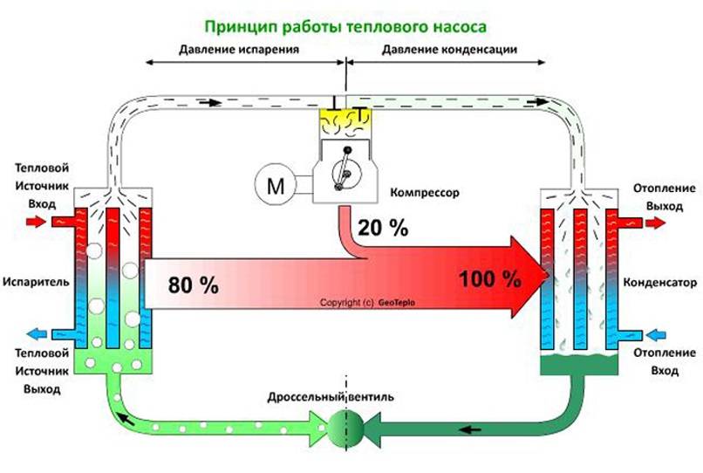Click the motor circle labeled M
click(x=276, y=184)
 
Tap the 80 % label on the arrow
click(x=194, y=285)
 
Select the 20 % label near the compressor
click(x=383, y=228)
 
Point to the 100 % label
click(x=490, y=278)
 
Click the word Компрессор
click(x=425, y=193)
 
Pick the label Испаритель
click(x=36, y=282)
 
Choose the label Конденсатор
click(x=660, y=282)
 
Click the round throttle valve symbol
click(x=345, y=428)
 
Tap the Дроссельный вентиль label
click(x=331, y=397)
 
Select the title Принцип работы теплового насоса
click(x=345, y=26)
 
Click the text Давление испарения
click(x=239, y=49)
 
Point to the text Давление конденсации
click(x=449, y=49)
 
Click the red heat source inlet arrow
click(x=36, y=222)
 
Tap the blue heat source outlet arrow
click(x=37, y=334)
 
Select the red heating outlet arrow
click(x=655, y=223)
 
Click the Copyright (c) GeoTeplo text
click(x=368, y=303)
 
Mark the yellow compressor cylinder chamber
click(x=345, y=122)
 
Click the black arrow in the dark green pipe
click(x=470, y=429)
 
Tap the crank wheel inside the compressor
click(x=346, y=172)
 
